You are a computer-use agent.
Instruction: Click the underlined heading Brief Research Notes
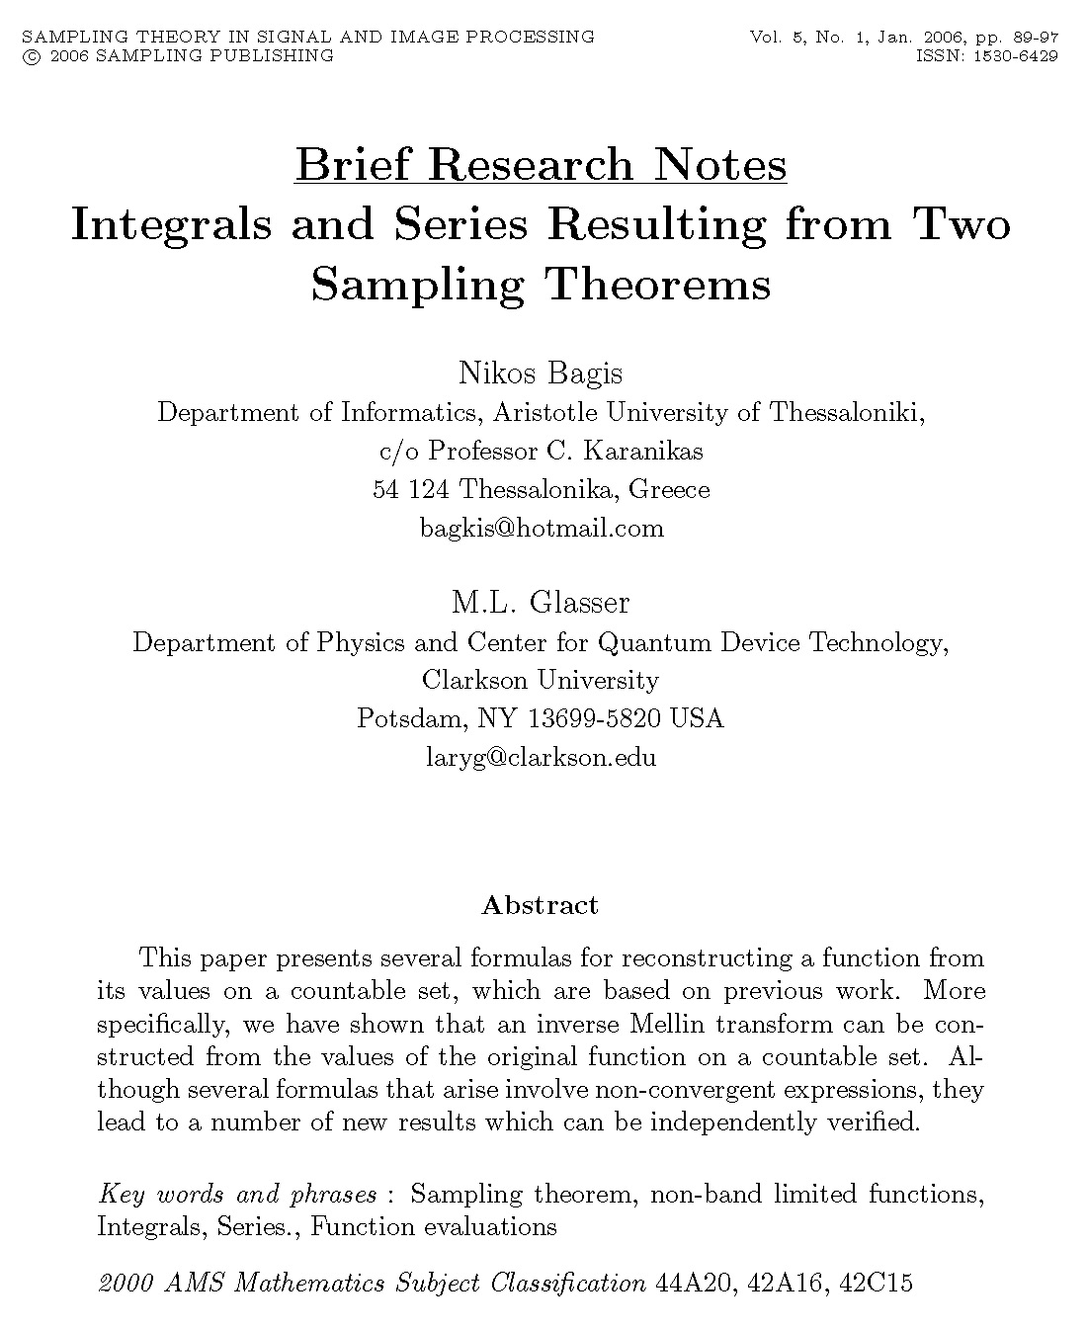(541, 165)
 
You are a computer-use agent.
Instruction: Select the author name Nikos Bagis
(541, 374)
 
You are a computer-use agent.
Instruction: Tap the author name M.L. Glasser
(541, 603)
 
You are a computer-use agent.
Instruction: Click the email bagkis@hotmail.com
(542, 528)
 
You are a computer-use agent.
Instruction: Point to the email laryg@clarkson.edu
(541, 758)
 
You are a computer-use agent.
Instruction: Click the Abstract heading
(540, 905)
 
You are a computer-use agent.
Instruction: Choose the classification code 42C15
(876, 1284)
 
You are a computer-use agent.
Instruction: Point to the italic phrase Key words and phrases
(237, 1195)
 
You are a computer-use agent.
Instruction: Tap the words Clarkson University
(541, 681)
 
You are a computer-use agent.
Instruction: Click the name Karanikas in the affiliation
(644, 452)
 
